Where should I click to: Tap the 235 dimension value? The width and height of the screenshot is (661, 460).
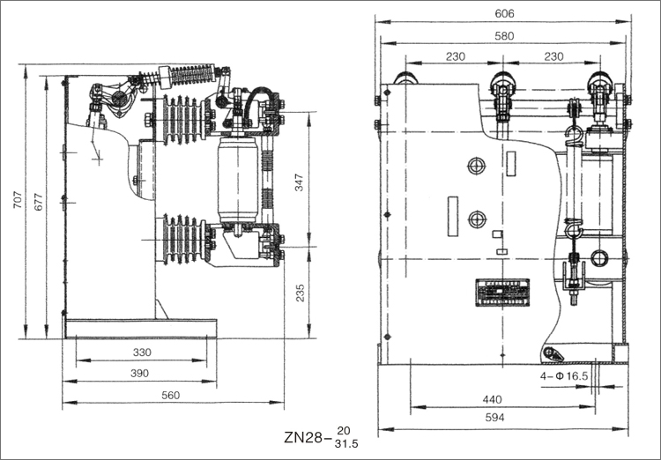click(299, 293)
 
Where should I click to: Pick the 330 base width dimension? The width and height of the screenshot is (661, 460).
click(142, 352)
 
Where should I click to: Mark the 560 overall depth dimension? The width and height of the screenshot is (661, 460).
click(171, 396)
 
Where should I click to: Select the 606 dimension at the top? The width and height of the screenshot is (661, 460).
click(504, 13)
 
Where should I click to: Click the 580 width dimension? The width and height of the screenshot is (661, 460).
click(504, 36)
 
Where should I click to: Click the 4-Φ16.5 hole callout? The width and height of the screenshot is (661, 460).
click(564, 375)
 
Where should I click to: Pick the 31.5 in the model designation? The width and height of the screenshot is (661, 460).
click(347, 443)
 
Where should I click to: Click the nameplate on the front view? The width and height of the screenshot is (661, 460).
click(500, 291)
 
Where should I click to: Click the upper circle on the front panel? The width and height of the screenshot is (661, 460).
click(476, 165)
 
